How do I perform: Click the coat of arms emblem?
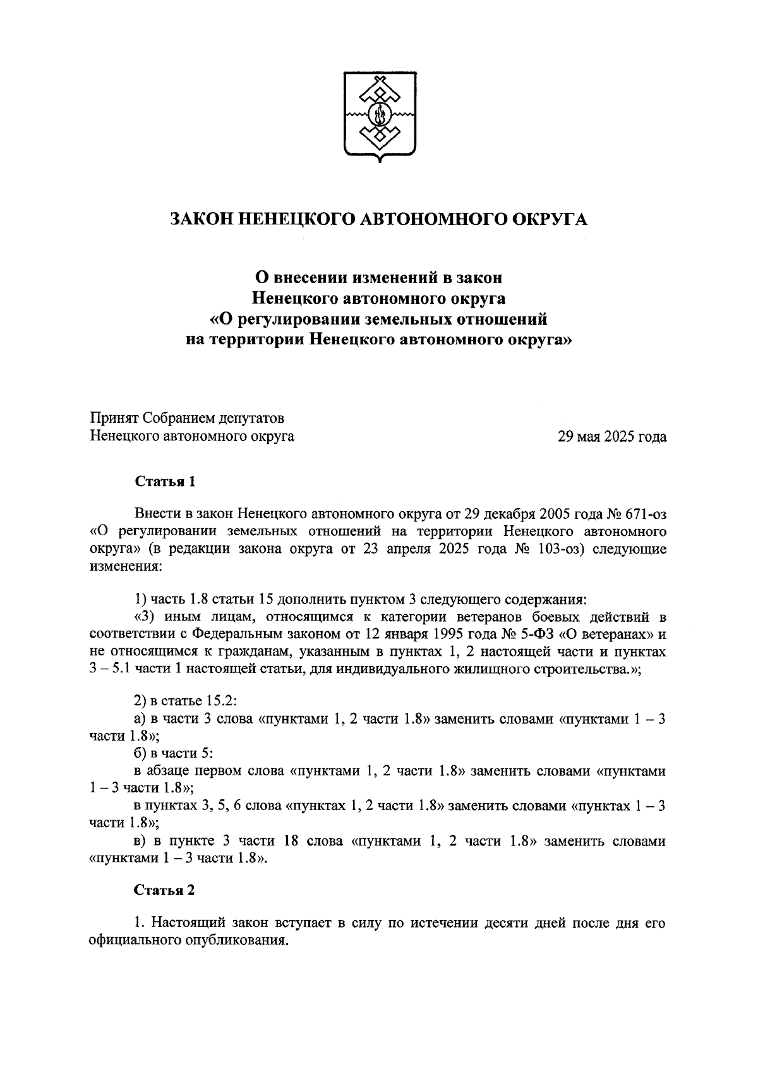[379, 116]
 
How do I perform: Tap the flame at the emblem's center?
[380, 116]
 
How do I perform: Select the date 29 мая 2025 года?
[611, 436]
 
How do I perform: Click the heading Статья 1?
[165, 482]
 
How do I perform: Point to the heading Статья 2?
[164, 890]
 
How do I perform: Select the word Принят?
[114, 418]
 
